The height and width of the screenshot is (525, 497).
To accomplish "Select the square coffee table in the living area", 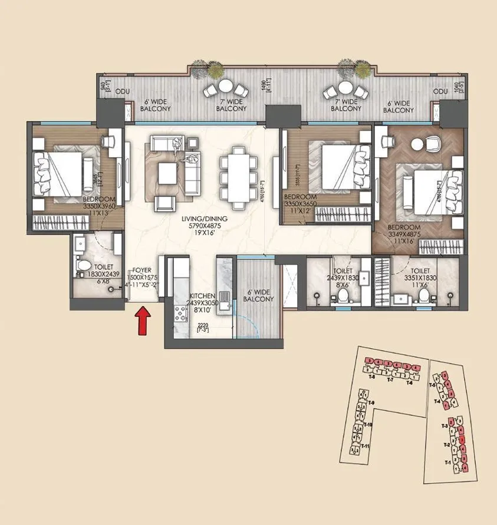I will point(169,171).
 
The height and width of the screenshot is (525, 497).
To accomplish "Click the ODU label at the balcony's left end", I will point(122,91).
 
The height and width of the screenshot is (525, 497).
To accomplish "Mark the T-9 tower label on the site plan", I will point(370,402).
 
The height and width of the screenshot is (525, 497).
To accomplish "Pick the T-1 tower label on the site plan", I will point(447,463).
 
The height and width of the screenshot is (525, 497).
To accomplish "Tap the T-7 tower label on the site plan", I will point(390,380).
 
